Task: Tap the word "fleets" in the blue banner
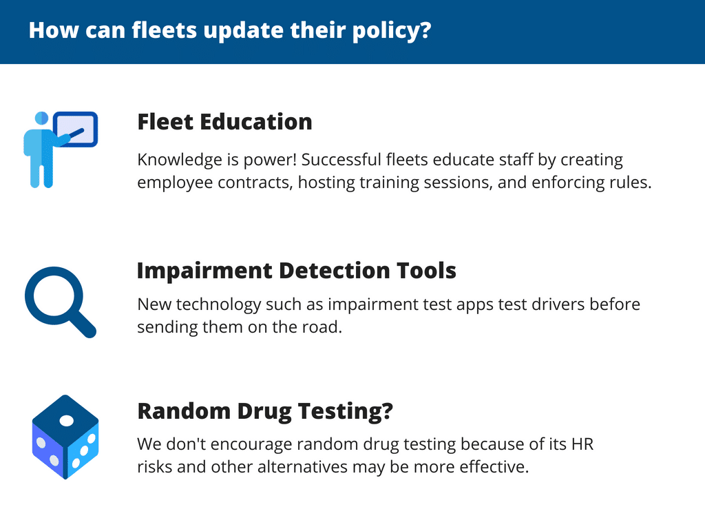(x=164, y=30)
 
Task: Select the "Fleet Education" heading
(x=224, y=122)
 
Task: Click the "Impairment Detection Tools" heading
(x=296, y=271)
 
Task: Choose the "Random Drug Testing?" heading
(x=265, y=411)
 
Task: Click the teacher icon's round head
(x=41, y=118)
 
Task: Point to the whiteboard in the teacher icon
(x=76, y=129)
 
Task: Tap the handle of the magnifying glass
(x=83, y=324)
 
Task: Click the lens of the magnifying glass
(x=54, y=295)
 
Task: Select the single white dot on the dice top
(x=67, y=421)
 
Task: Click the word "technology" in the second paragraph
(x=218, y=305)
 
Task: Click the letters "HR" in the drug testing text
(x=582, y=444)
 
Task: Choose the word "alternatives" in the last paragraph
(x=302, y=467)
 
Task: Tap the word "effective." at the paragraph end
(x=494, y=467)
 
